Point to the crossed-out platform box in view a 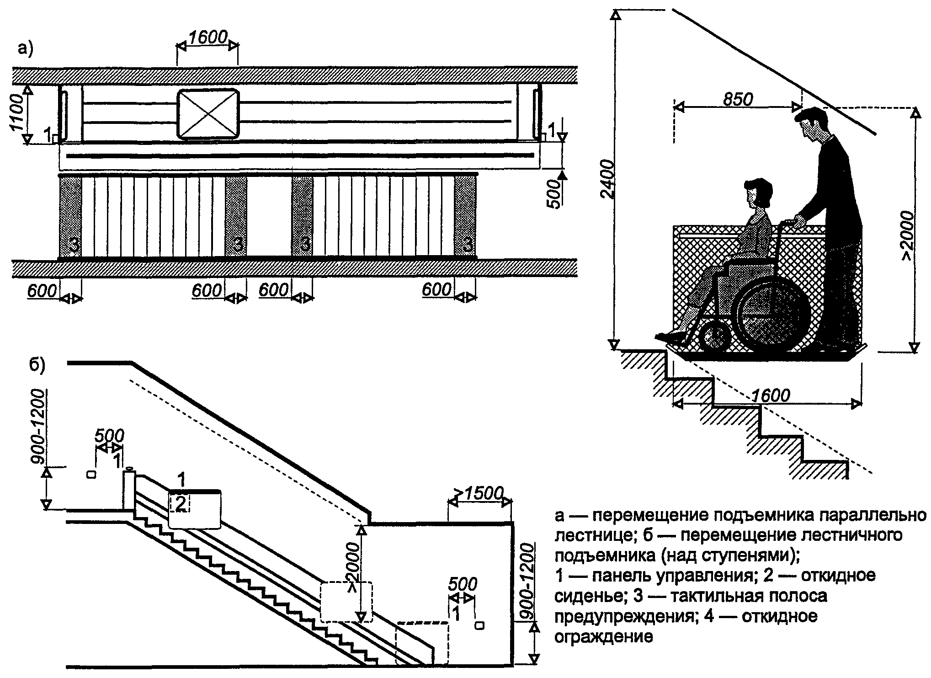[x=208, y=114]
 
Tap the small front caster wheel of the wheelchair [x=715, y=338]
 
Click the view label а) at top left [x=26, y=48]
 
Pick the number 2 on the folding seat [x=181, y=504]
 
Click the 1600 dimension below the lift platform [x=771, y=395]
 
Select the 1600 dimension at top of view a [x=208, y=37]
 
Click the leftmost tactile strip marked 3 [x=71, y=218]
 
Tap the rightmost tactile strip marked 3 [x=466, y=218]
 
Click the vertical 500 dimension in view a [x=553, y=194]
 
